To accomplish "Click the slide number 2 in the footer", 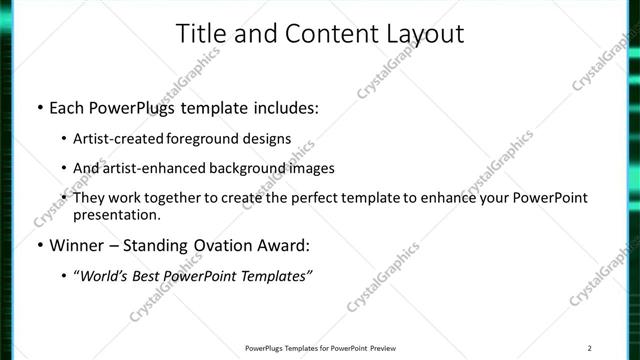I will point(590,348).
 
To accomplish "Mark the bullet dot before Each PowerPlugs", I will point(39,105).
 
